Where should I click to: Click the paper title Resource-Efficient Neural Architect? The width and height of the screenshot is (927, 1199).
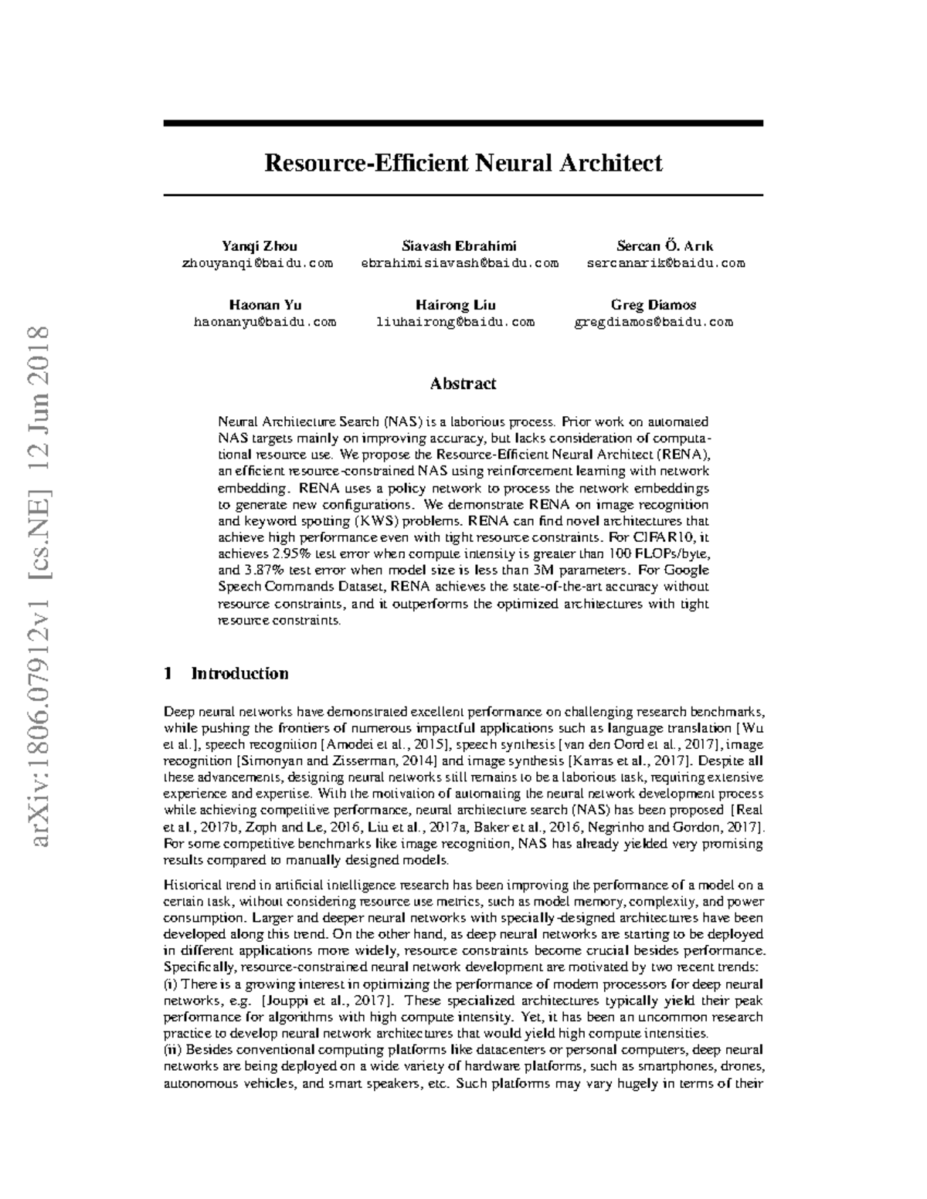463,164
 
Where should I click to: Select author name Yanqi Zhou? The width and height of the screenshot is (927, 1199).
259,246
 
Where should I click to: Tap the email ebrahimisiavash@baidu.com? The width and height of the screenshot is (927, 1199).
460,263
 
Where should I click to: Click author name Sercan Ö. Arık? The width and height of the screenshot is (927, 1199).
664,246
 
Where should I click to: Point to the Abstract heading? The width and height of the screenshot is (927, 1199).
463,384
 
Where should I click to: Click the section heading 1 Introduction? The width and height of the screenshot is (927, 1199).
226,673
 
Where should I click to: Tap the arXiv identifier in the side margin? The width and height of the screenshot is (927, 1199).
39,587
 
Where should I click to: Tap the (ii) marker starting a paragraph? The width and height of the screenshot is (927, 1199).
173,1050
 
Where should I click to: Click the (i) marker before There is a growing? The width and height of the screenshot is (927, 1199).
171,984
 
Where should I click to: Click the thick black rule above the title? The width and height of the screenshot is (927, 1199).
463,123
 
